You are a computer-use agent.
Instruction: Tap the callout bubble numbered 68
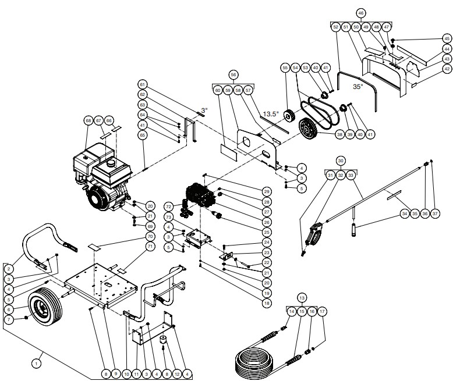(x=89, y=121)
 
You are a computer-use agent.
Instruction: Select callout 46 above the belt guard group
(x=361, y=13)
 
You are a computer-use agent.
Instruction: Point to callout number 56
(x=233, y=75)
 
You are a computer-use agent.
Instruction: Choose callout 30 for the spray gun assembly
(x=341, y=160)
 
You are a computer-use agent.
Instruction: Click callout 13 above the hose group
(x=301, y=297)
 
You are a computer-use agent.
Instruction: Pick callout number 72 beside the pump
(x=169, y=206)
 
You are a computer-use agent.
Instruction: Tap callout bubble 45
(x=447, y=38)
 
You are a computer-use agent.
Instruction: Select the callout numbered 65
(x=141, y=135)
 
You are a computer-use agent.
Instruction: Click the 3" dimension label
(x=204, y=109)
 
